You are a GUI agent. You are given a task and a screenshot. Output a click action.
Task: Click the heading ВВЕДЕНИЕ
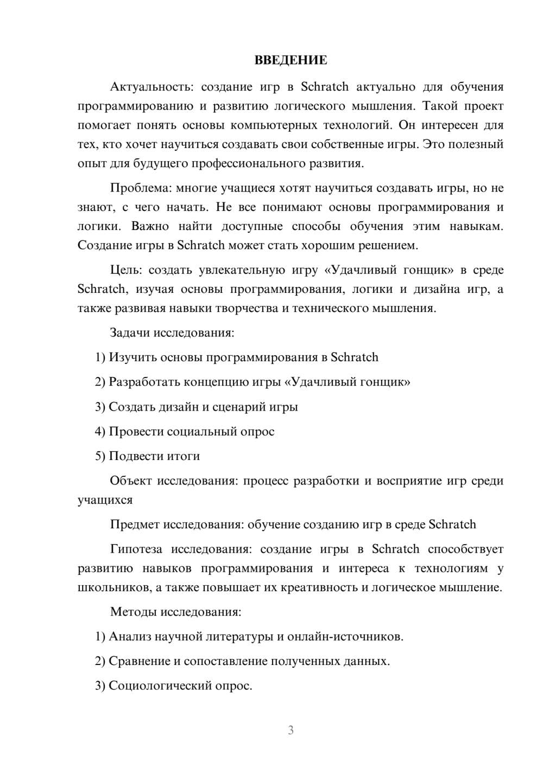point(291,60)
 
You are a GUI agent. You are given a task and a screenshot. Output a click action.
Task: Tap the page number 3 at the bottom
point(291,730)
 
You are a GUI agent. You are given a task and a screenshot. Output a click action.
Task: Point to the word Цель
point(127,270)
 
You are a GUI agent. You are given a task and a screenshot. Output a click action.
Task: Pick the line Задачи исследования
point(172,333)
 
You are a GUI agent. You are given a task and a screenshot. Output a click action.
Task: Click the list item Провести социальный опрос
point(191,432)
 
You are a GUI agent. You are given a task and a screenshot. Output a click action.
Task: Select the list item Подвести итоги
point(154,456)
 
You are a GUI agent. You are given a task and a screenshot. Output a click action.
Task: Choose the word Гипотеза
point(136,549)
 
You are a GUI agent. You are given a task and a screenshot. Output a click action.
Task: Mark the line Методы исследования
point(175,612)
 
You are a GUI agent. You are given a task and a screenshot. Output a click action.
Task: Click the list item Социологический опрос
point(180,686)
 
